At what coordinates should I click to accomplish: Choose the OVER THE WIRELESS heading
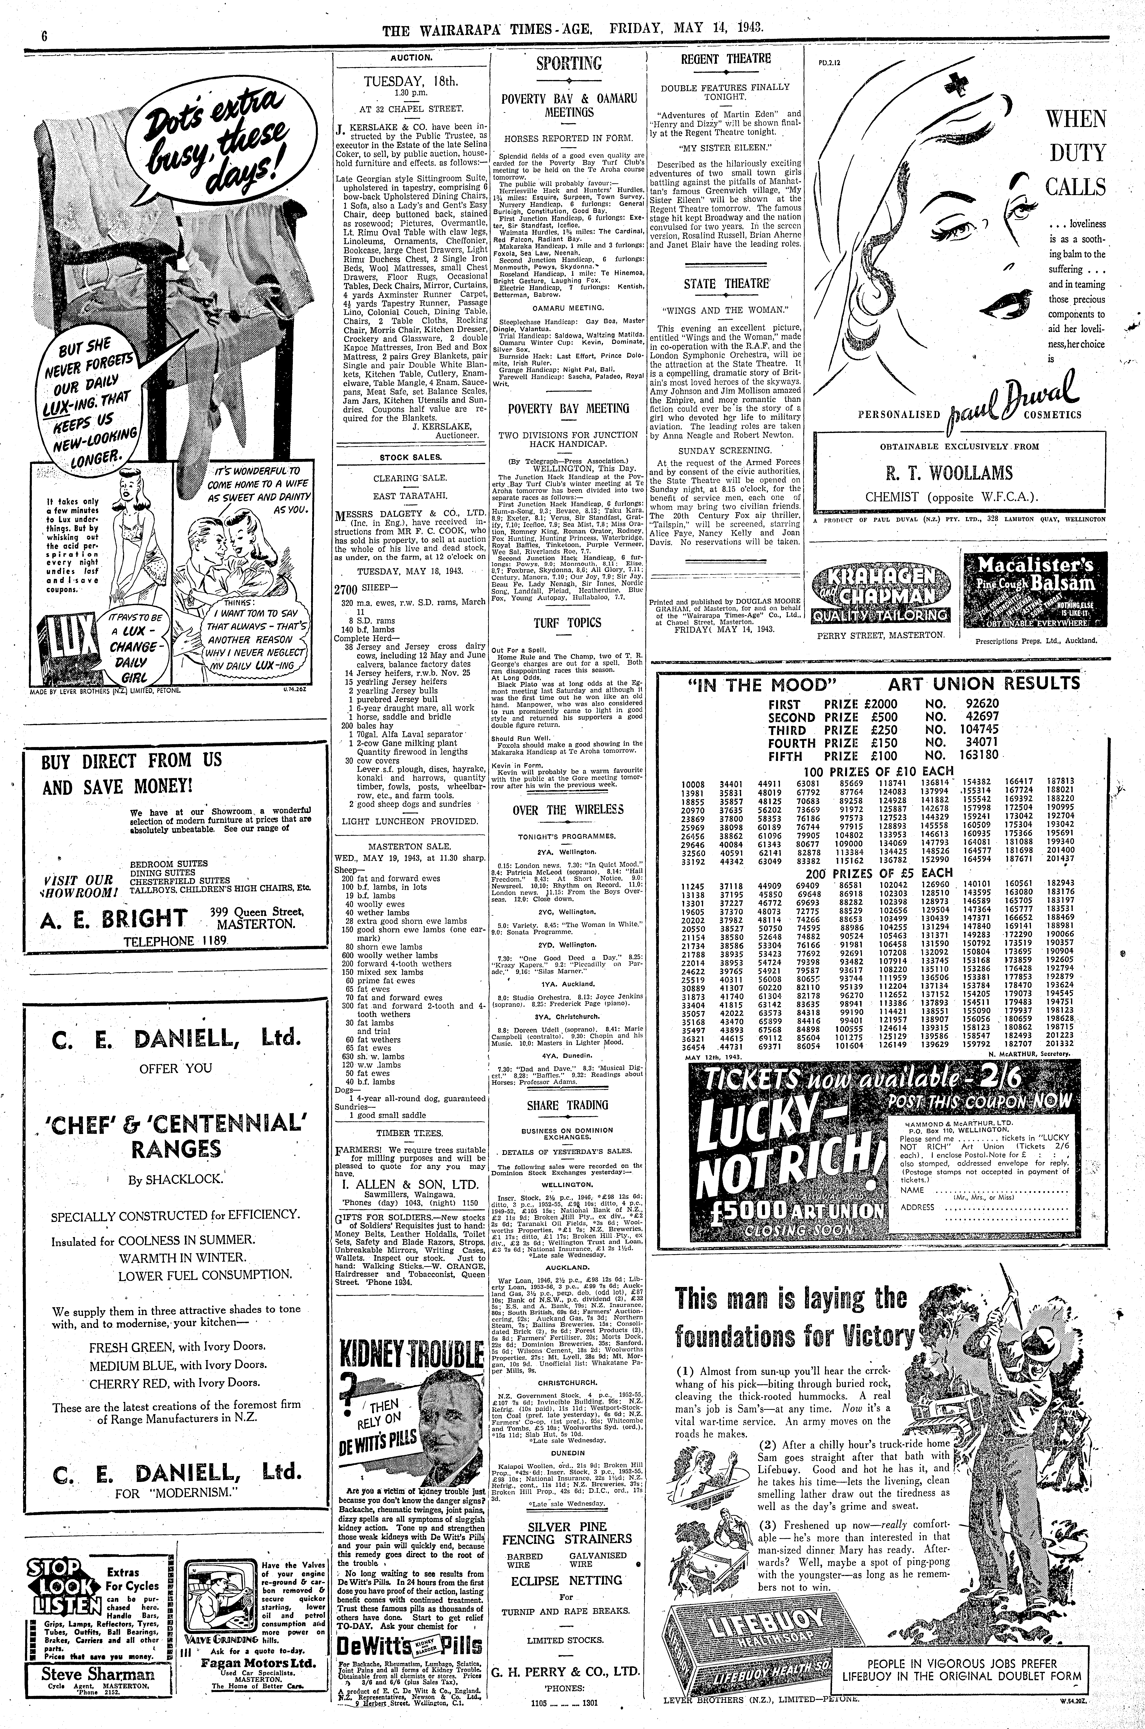pos(567,810)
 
